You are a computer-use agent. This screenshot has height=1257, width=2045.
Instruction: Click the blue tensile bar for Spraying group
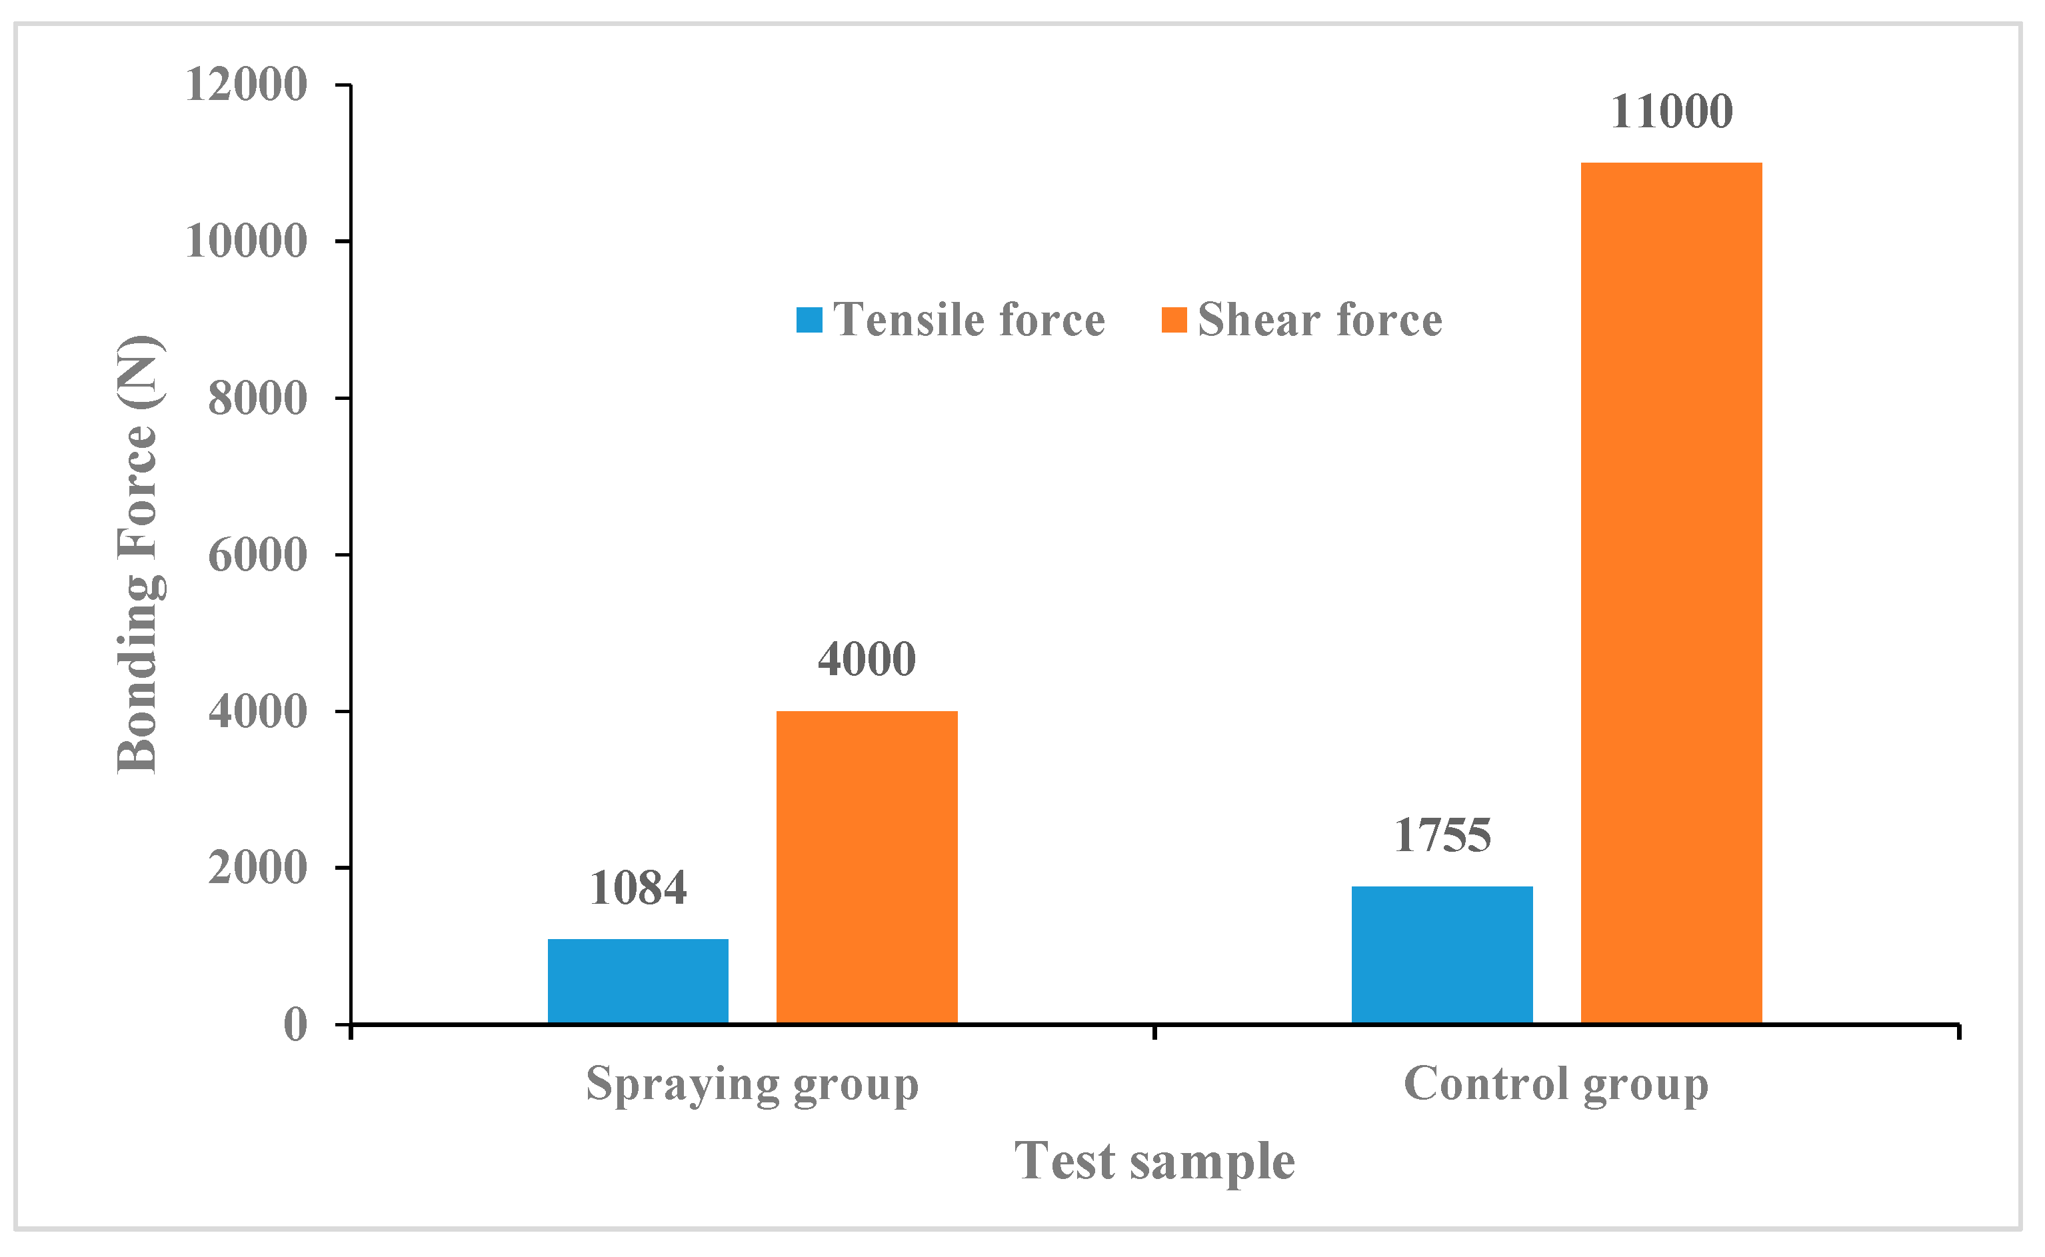pyautogui.click(x=638, y=981)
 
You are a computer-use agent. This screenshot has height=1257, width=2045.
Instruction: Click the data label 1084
pyautogui.click(x=638, y=888)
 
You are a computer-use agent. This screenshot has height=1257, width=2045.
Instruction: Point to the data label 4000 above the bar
pyautogui.click(x=867, y=659)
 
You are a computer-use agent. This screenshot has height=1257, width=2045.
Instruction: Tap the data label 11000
pyautogui.click(x=1671, y=111)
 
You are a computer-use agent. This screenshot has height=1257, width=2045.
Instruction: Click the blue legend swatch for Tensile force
pyautogui.click(x=809, y=320)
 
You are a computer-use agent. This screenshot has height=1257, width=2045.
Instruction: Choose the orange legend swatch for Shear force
pyautogui.click(x=1174, y=320)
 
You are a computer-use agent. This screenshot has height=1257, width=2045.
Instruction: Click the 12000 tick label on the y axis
pyautogui.click(x=246, y=85)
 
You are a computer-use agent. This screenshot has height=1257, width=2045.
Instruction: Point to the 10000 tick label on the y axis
pyautogui.click(x=246, y=242)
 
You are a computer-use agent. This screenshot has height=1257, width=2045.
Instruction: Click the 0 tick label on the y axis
pyautogui.click(x=295, y=1025)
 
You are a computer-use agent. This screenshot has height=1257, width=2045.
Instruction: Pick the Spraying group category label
pyautogui.click(x=753, y=1085)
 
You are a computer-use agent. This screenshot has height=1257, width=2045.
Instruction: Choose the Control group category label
pyautogui.click(x=1555, y=1085)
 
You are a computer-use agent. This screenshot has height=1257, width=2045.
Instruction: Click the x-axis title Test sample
pyautogui.click(x=1154, y=1162)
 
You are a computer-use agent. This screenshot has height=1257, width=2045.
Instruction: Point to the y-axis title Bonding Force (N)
pyautogui.click(x=138, y=555)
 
